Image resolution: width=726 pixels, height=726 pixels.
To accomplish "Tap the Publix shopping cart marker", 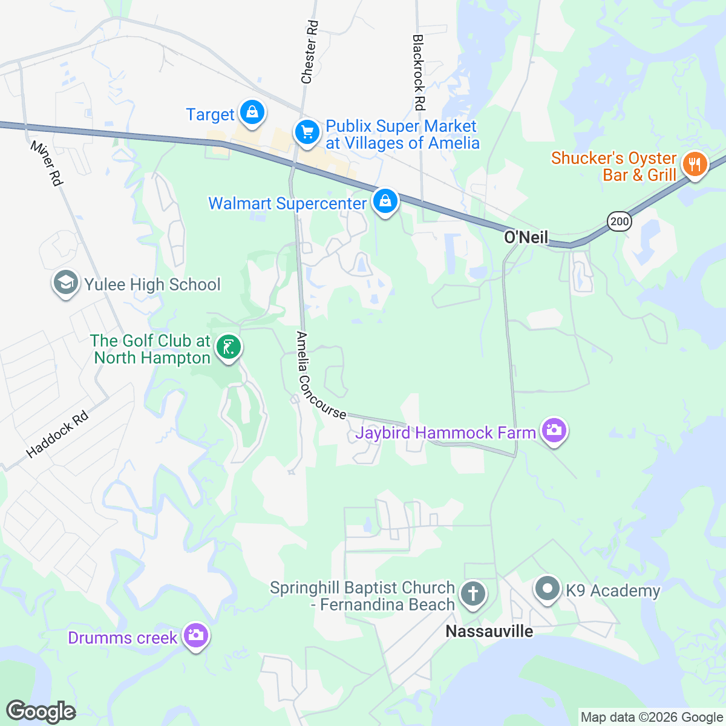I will pyautogui.click(x=307, y=132).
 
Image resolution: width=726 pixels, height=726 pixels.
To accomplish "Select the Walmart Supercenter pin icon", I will pyautogui.click(x=385, y=201).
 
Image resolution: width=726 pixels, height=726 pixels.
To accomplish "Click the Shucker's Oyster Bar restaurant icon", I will pyautogui.click(x=695, y=164).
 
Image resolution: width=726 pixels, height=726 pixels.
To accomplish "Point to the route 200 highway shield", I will pyautogui.click(x=620, y=221).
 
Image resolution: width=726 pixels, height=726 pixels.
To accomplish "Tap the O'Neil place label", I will pyautogui.click(x=526, y=237).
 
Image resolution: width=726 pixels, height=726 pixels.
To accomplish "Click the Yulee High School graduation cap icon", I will pyautogui.click(x=65, y=283).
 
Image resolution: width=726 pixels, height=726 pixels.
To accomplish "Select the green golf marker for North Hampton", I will pyautogui.click(x=229, y=348).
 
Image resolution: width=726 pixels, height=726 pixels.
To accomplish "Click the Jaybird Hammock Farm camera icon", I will pyautogui.click(x=554, y=431).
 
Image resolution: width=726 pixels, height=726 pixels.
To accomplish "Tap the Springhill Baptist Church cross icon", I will pyautogui.click(x=473, y=594).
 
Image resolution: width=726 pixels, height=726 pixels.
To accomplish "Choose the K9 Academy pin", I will pyautogui.click(x=548, y=589).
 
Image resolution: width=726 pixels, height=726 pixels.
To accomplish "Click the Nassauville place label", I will pyautogui.click(x=489, y=632).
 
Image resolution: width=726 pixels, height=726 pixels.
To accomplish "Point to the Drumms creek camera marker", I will pyautogui.click(x=195, y=635).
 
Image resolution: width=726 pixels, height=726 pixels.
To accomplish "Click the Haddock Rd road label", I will pyautogui.click(x=57, y=434).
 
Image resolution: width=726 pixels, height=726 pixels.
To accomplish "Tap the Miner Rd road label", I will pyautogui.click(x=47, y=163).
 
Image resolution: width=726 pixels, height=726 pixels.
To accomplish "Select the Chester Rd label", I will pyautogui.click(x=309, y=52).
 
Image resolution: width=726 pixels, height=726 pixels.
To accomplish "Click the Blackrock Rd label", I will pyautogui.click(x=419, y=73).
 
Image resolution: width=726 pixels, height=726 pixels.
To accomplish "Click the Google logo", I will pyautogui.click(x=41, y=711).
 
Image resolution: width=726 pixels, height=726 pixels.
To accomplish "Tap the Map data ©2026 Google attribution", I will pyautogui.click(x=652, y=718).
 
